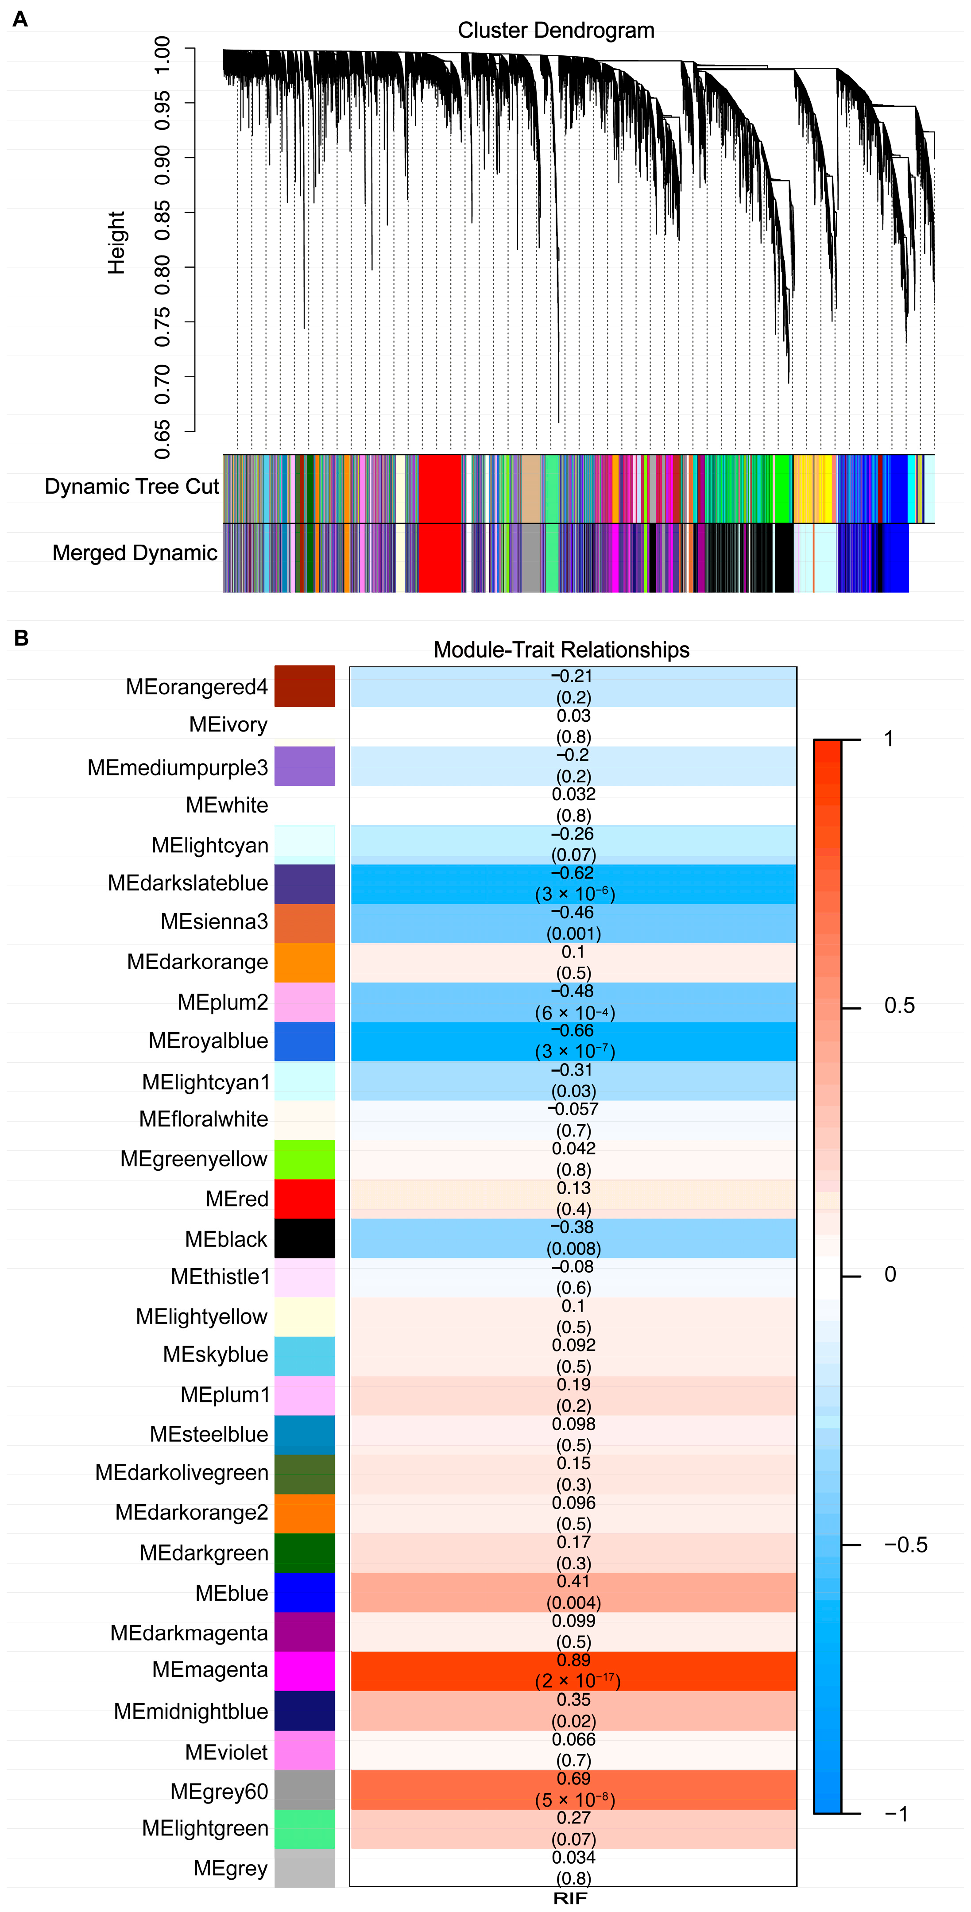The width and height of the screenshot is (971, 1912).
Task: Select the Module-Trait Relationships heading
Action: [x=561, y=650]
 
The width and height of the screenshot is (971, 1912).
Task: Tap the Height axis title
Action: [x=116, y=243]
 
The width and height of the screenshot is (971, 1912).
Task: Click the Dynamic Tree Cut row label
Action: [x=132, y=487]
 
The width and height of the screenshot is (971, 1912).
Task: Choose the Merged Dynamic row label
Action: [x=135, y=553]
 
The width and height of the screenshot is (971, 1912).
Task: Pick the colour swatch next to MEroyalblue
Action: [x=304, y=1041]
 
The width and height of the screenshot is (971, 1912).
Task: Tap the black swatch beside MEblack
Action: [x=304, y=1238]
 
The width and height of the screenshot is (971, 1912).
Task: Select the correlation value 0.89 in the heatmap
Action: [x=573, y=1660]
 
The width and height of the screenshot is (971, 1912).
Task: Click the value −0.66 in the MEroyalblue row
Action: [x=573, y=1031]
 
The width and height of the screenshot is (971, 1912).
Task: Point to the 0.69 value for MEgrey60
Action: [x=573, y=1778]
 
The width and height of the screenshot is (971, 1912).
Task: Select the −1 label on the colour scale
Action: [x=896, y=1814]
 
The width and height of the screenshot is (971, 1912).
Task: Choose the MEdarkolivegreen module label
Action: [x=182, y=1473]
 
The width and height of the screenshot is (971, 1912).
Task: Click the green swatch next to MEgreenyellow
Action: [x=304, y=1159]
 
